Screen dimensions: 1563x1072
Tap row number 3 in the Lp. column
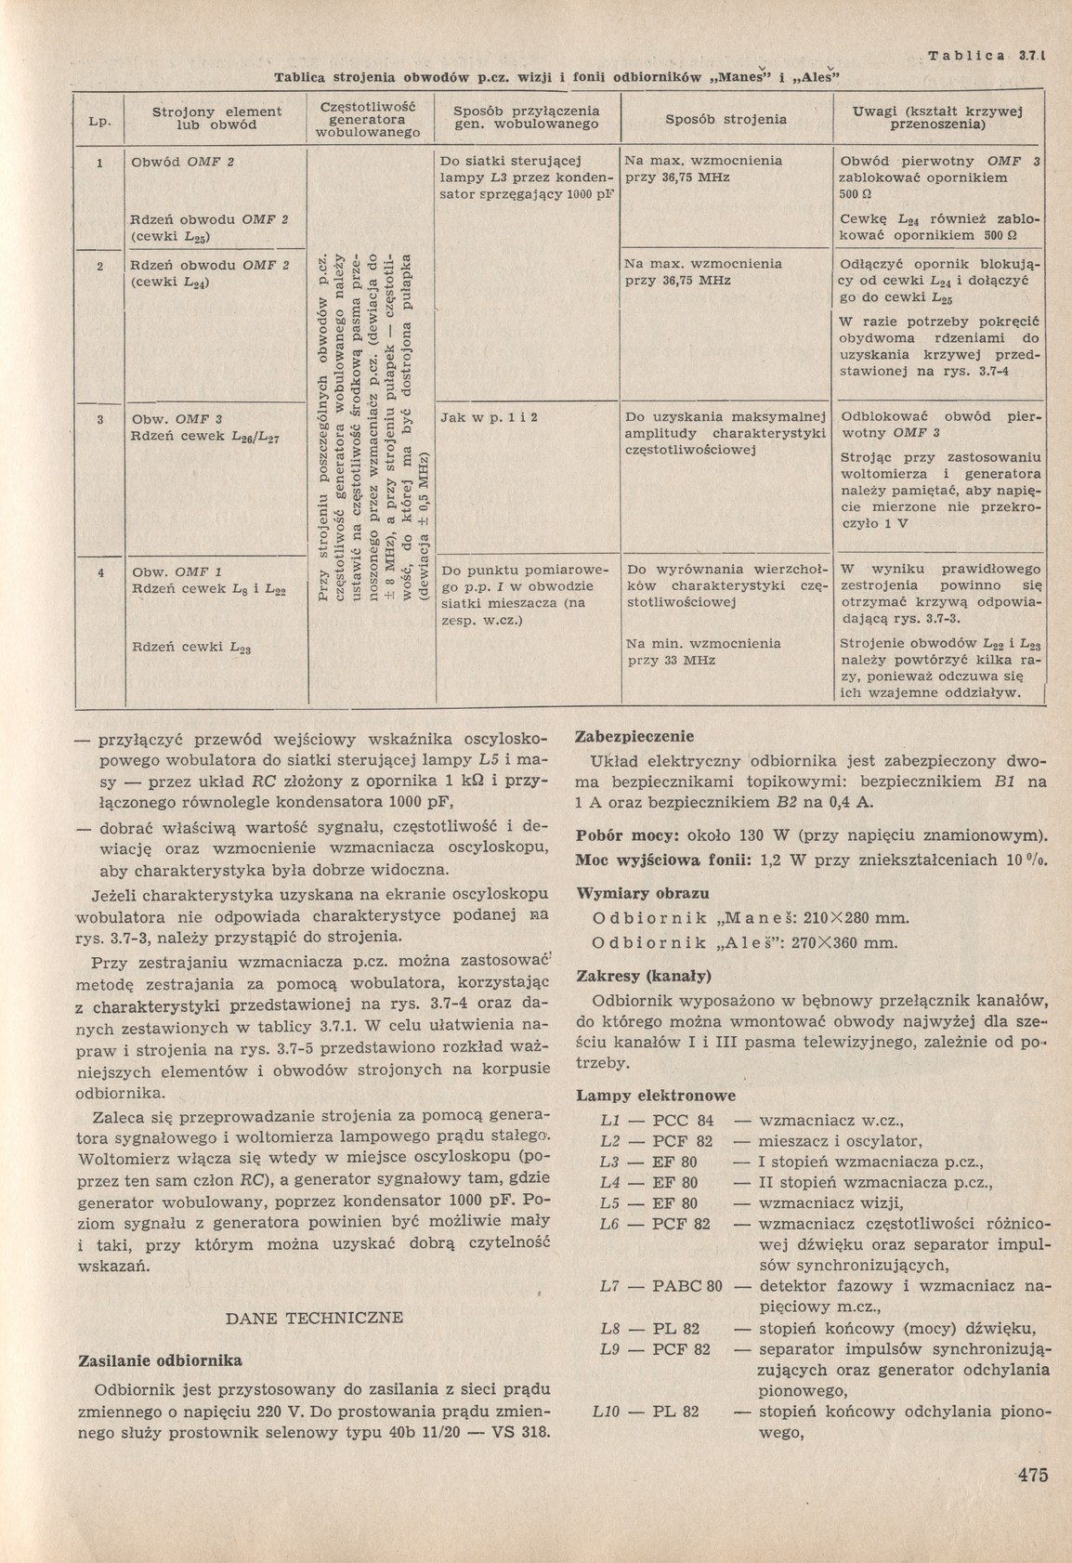(x=99, y=418)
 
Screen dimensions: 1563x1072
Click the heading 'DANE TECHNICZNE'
(x=315, y=1317)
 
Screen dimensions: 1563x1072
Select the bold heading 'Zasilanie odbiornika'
(x=157, y=1360)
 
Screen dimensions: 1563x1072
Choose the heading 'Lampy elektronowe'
(x=656, y=1096)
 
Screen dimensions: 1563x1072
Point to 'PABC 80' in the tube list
(x=687, y=1287)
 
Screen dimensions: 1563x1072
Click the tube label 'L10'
(x=605, y=1412)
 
